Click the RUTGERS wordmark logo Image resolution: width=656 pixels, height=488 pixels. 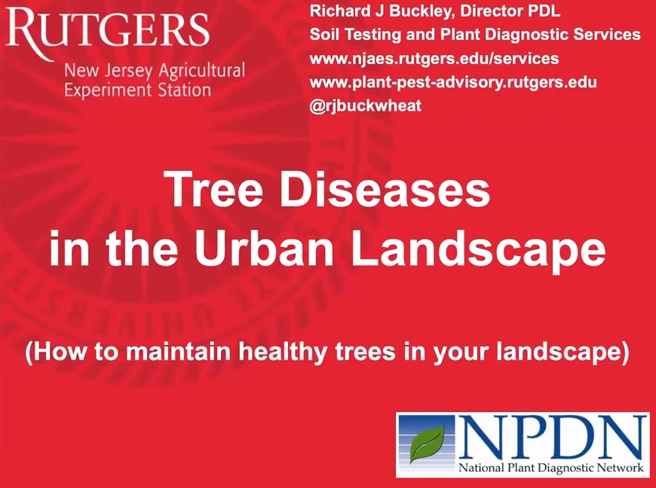point(107,29)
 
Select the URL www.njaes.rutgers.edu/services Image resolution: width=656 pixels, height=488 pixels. point(434,58)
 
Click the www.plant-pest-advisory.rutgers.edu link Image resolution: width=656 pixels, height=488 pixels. point(453,82)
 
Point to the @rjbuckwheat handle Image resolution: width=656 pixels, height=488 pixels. point(366,105)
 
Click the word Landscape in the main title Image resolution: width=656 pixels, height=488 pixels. point(478,250)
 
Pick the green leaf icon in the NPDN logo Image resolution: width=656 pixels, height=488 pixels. point(427,444)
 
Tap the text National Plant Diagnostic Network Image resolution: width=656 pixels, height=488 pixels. point(551,468)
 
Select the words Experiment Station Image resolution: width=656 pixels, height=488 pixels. point(138,90)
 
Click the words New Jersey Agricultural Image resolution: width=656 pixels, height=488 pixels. point(155,71)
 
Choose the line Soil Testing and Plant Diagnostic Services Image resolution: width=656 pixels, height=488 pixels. point(475,35)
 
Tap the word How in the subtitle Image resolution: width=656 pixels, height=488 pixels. point(56,352)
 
